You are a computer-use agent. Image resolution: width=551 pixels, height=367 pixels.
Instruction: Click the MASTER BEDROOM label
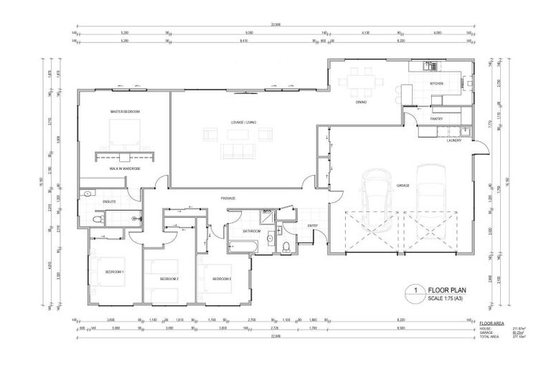[x=125, y=112]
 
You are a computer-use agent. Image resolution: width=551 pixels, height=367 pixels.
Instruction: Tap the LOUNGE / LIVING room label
[x=242, y=123]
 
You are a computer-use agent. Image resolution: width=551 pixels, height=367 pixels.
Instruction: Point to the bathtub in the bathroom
[x=241, y=246]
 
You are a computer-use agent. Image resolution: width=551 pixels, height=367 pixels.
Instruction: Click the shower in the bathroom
[x=266, y=216]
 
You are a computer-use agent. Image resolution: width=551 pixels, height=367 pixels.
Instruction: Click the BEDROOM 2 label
[x=169, y=278]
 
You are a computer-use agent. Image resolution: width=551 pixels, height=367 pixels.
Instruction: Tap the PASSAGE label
[x=228, y=199]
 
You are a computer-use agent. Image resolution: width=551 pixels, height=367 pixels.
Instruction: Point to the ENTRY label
[x=312, y=227]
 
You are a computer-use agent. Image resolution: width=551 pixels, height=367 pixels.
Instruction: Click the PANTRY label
[x=435, y=119]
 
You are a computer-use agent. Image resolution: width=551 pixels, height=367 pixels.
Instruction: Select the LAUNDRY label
[x=453, y=140]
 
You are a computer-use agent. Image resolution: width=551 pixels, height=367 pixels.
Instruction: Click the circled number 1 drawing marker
[x=414, y=291]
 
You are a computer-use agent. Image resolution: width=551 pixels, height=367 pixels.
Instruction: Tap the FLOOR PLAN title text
[x=447, y=290]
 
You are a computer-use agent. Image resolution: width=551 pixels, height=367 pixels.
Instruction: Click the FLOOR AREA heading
[x=491, y=325]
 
